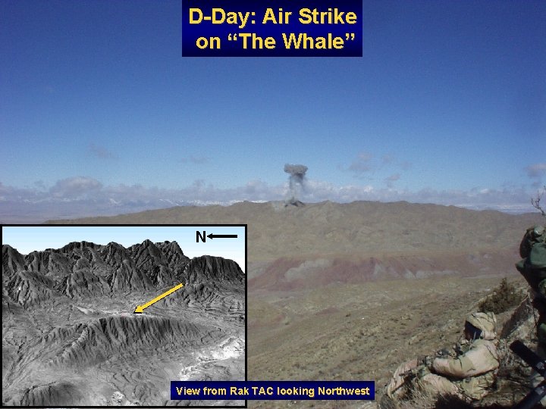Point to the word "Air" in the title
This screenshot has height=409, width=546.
tap(275, 16)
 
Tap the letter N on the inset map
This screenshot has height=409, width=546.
tap(200, 237)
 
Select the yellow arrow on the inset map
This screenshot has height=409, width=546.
tap(159, 298)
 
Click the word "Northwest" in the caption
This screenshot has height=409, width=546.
tap(341, 392)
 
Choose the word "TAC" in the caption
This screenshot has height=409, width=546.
tap(262, 392)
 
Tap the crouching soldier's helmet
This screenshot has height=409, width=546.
tap(481, 324)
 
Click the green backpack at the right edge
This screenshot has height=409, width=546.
tap(532, 258)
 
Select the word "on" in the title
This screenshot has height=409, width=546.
tap(206, 42)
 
